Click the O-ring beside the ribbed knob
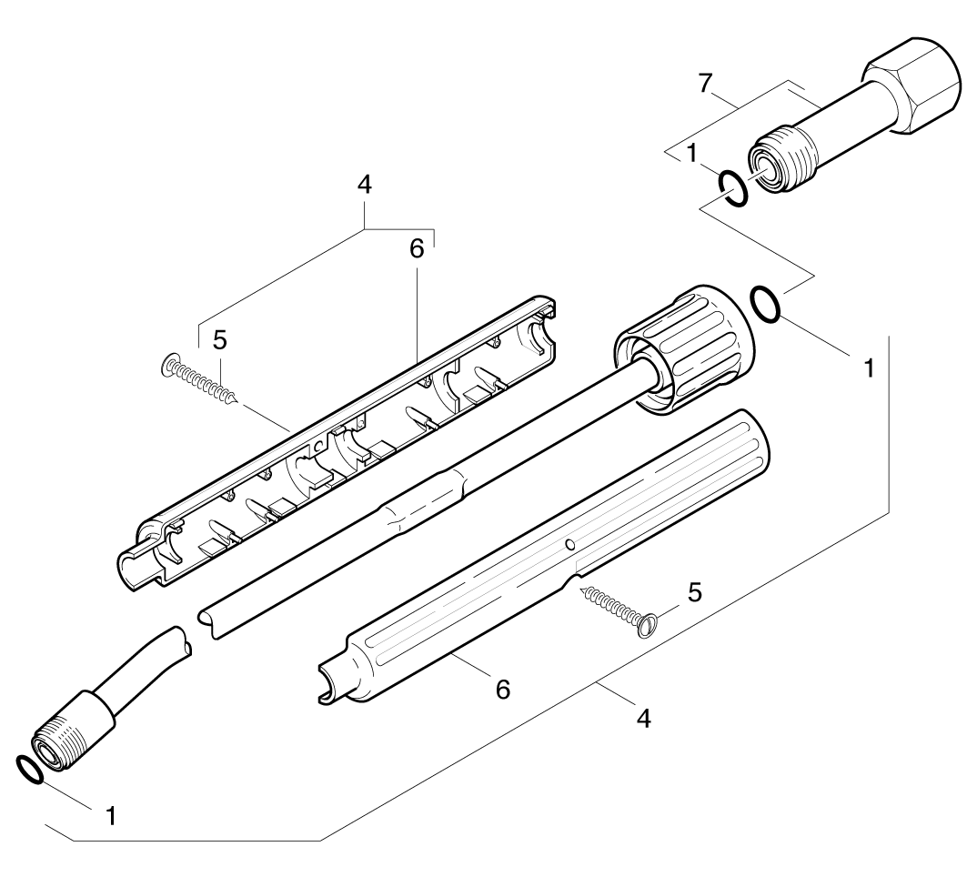[765, 303]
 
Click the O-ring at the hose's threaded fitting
[29, 769]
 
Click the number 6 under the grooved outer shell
[502, 689]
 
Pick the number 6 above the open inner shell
[417, 250]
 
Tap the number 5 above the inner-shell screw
[219, 339]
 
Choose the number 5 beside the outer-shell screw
[694, 593]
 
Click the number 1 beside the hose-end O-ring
[110, 815]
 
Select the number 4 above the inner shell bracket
[365, 185]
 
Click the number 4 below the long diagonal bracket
[643, 717]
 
